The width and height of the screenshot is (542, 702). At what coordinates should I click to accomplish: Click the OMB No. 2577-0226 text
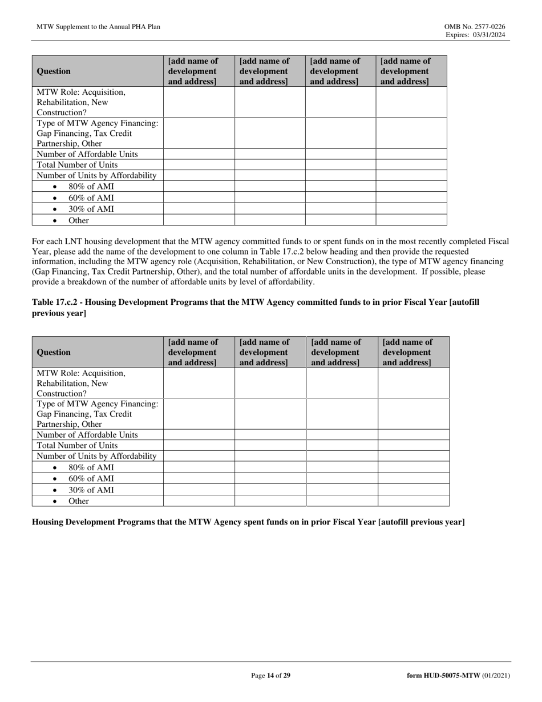click(x=475, y=27)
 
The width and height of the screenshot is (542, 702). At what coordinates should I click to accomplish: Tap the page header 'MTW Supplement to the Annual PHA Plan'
click(x=98, y=27)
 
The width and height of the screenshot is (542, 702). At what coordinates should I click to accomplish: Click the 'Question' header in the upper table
click(x=54, y=71)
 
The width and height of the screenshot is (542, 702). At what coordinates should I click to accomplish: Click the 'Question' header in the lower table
click(x=54, y=352)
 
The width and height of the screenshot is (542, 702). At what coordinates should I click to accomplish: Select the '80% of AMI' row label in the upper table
click(x=91, y=187)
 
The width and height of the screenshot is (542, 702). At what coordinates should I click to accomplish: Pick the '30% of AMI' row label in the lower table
click(x=91, y=490)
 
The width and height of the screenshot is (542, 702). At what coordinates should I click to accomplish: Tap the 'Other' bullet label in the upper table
click(x=79, y=220)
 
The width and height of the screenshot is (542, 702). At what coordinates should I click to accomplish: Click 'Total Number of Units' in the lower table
click(x=77, y=445)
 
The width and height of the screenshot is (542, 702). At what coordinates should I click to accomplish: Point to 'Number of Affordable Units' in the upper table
click(x=87, y=154)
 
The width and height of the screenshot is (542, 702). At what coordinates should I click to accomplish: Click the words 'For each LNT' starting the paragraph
click(x=55, y=241)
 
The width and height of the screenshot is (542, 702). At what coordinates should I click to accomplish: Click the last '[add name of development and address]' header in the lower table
click(x=407, y=352)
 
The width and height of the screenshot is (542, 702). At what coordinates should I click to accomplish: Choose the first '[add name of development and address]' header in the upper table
click(x=193, y=71)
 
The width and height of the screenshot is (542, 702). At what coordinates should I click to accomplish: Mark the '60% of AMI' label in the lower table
click(x=91, y=478)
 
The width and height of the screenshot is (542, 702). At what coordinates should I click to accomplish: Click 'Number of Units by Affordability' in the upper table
click(x=96, y=176)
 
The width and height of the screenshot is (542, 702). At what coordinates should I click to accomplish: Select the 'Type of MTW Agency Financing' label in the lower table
click(x=97, y=404)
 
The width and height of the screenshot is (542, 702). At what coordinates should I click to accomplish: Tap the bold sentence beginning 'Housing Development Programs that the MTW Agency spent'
click(x=248, y=522)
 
